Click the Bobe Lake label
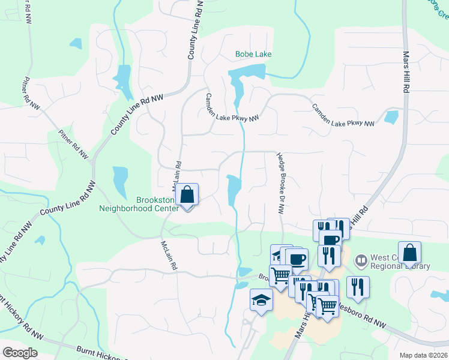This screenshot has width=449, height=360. click(253, 55)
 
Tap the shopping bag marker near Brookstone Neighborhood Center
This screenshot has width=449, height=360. click(188, 196)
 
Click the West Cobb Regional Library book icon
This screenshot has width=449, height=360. click(361, 260)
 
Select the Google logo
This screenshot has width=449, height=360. click(20, 352)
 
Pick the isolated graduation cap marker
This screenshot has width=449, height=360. click(261, 299)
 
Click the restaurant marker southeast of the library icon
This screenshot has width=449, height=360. click(358, 287)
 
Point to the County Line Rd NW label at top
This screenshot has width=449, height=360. click(194, 29)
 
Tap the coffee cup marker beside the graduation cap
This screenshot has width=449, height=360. click(297, 259)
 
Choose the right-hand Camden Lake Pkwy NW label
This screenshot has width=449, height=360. click(343, 115)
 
